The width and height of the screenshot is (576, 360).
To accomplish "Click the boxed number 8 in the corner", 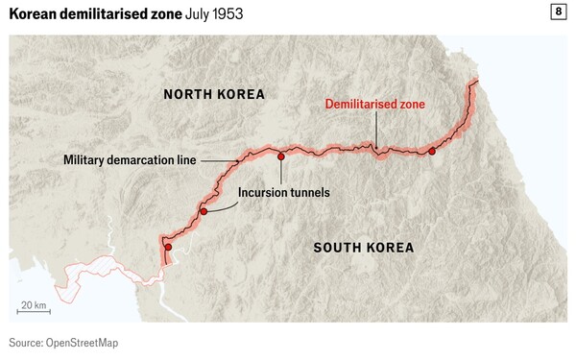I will [x=558, y=12].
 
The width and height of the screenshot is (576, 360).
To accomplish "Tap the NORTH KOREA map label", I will [x=213, y=94].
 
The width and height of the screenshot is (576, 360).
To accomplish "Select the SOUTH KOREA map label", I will [x=364, y=248].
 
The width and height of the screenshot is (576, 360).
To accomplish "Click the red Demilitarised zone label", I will [x=374, y=104].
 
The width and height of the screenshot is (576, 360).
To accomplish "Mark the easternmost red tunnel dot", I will [x=432, y=152].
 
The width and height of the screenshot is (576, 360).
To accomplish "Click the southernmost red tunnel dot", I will [x=168, y=248].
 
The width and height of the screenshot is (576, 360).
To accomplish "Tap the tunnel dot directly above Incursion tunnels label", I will [x=280, y=156].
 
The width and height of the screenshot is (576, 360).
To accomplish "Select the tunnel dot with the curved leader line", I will [x=204, y=210].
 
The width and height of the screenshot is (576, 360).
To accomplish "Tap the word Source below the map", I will [x=26, y=343].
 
